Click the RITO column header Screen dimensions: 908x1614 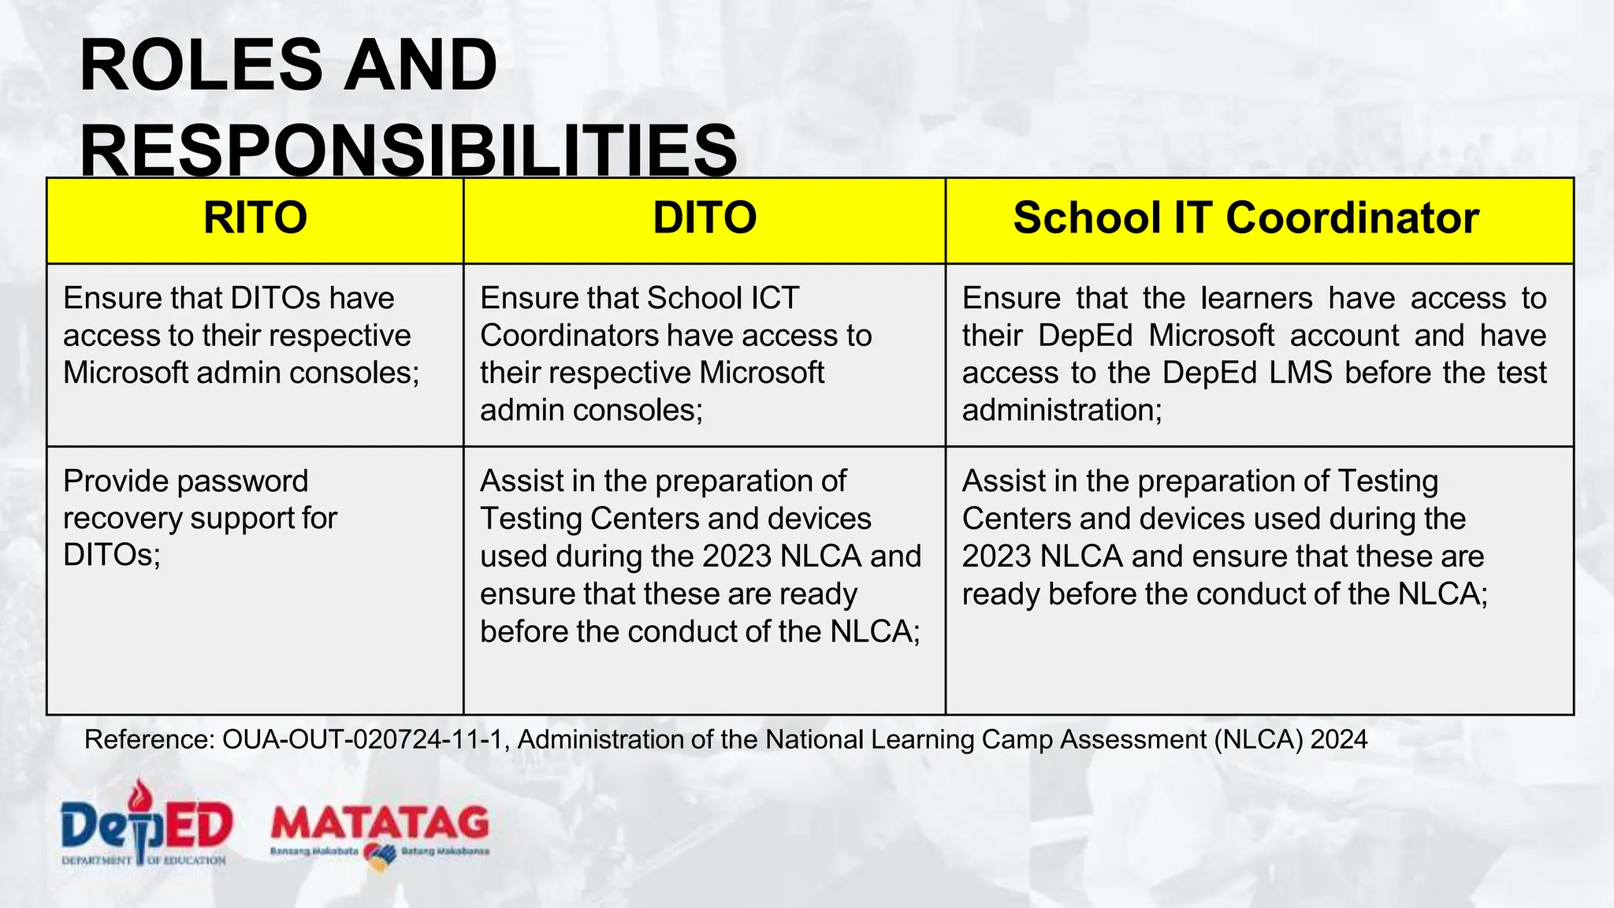(255, 218)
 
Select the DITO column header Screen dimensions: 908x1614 (705, 218)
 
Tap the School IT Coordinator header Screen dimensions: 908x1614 (1245, 218)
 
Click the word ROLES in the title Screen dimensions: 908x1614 (200, 66)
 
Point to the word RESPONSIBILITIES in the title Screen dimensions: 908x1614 (408, 151)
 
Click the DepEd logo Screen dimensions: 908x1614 (147, 824)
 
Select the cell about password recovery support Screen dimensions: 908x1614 (200, 518)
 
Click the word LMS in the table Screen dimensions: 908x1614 (1300, 373)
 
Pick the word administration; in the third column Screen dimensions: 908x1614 (1062, 411)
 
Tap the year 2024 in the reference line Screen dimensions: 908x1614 (1338, 739)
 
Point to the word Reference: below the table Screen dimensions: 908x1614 (149, 739)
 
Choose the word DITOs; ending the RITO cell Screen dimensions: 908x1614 (112, 556)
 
